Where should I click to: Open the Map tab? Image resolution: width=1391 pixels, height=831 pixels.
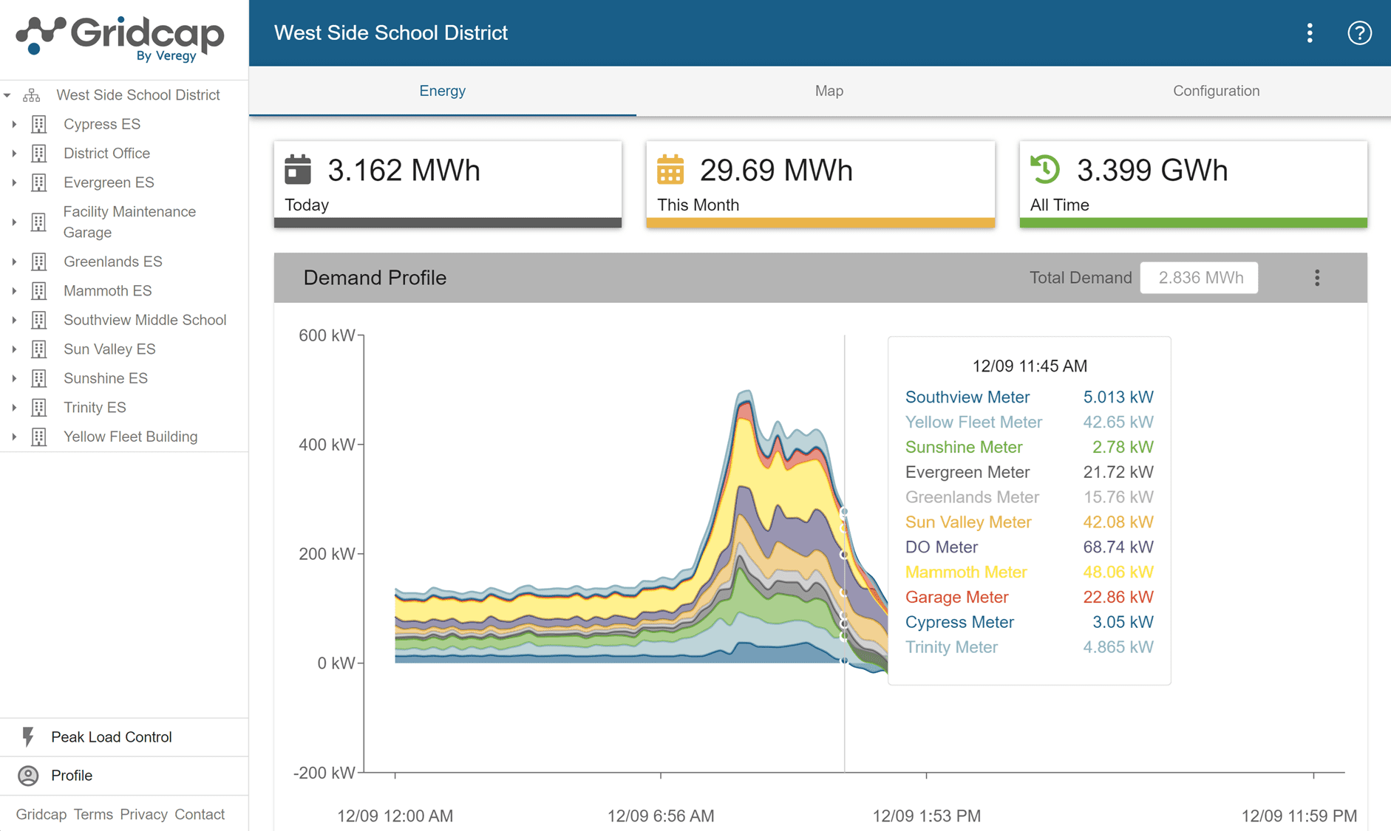(x=829, y=91)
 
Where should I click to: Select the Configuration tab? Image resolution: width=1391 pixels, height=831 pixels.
(x=1216, y=91)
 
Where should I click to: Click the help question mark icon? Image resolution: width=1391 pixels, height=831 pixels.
(x=1358, y=33)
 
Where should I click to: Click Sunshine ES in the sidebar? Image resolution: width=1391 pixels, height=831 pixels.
(x=105, y=378)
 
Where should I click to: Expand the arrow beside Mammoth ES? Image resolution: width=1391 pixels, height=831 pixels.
(x=14, y=291)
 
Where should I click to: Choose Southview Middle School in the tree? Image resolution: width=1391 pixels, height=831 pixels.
(x=144, y=320)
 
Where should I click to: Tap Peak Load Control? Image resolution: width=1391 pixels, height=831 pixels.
(x=111, y=737)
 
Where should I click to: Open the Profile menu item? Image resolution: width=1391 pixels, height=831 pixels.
(x=71, y=776)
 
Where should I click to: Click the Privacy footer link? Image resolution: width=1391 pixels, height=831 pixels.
(x=143, y=814)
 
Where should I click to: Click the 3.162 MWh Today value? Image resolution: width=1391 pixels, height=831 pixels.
(x=404, y=171)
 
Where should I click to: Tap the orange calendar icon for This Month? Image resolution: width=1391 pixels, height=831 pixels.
(x=670, y=170)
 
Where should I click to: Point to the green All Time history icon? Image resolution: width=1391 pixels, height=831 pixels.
(x=1045, y=169)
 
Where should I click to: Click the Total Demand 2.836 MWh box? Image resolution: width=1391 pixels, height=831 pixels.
(x=1199, y=278)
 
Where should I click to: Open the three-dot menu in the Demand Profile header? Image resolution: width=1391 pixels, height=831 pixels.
(x=1317, y=278)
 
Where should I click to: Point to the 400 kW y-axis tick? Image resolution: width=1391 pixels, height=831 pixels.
(x=327, y=445)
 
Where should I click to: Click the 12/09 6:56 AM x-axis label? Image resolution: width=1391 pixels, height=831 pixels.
(x=660, y=815)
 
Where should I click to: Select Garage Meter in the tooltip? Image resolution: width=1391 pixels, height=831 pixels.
(x=956, y=597)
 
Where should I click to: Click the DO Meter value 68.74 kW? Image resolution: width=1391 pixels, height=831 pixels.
(x=1118, y=547)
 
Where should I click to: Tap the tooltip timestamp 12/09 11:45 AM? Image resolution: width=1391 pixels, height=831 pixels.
(x=1029, y=366)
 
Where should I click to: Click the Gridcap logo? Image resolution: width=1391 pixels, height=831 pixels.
(x=120, y=37)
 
